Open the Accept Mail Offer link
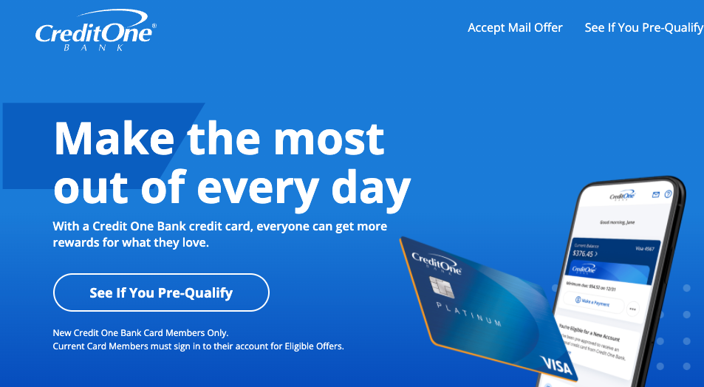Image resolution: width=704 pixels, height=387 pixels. pos(515,28)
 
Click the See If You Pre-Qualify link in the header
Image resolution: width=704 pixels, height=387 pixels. pos(643,28)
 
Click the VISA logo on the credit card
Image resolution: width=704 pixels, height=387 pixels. pos(556,364)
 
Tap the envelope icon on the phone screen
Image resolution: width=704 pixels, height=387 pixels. pos(655,195)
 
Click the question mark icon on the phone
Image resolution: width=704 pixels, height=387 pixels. pos(668,195)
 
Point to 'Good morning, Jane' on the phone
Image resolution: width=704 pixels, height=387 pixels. pos(617,221)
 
